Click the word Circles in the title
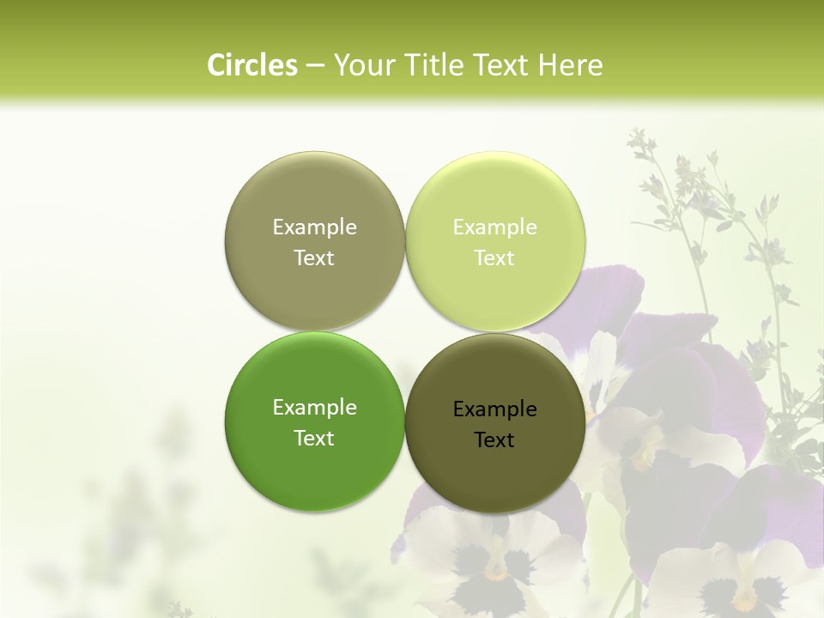pos(252,65)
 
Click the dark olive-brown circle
pos(494,472)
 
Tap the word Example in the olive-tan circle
pos(314,227)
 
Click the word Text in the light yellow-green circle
pos(494,257)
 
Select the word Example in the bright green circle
pos(314,407)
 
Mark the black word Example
pos(494,409)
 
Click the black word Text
pos(494,439)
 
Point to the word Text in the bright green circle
pos(314,438)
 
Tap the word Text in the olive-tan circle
pos(314,257)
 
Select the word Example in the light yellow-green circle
pos(494,227)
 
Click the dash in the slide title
pos(314,65)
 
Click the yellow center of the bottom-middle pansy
pos(495,568)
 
